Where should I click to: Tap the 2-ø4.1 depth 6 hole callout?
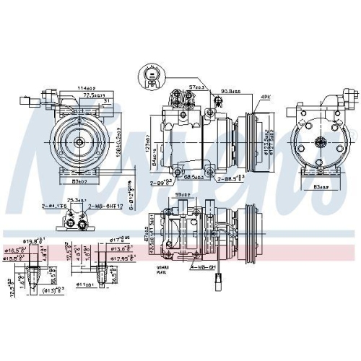tap(54, 206)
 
